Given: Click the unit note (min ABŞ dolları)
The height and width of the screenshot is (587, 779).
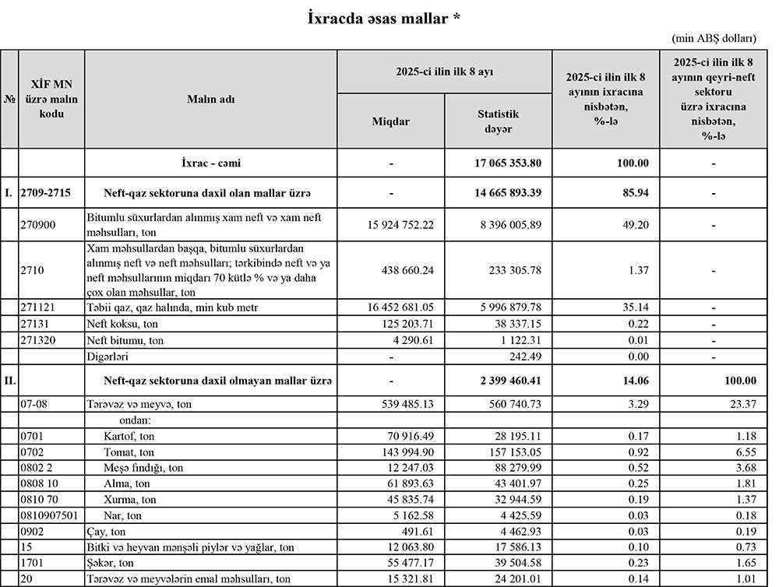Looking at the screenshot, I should click(713, 38).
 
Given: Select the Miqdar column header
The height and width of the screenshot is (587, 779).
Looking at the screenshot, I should click(390, 121).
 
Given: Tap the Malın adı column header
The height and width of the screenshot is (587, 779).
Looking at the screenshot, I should click(210, 99).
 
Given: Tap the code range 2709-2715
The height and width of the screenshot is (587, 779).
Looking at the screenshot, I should click(49, 192).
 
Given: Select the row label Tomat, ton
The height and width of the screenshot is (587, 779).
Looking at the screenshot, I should click(129, 452).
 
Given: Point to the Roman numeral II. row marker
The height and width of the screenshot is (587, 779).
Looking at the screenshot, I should click(10, 381).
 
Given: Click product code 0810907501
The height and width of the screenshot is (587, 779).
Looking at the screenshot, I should click(50, 515).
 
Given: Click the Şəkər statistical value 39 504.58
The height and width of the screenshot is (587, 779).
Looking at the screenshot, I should click(509, 563).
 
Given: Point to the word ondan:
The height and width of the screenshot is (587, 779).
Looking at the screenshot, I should click(122, 420).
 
